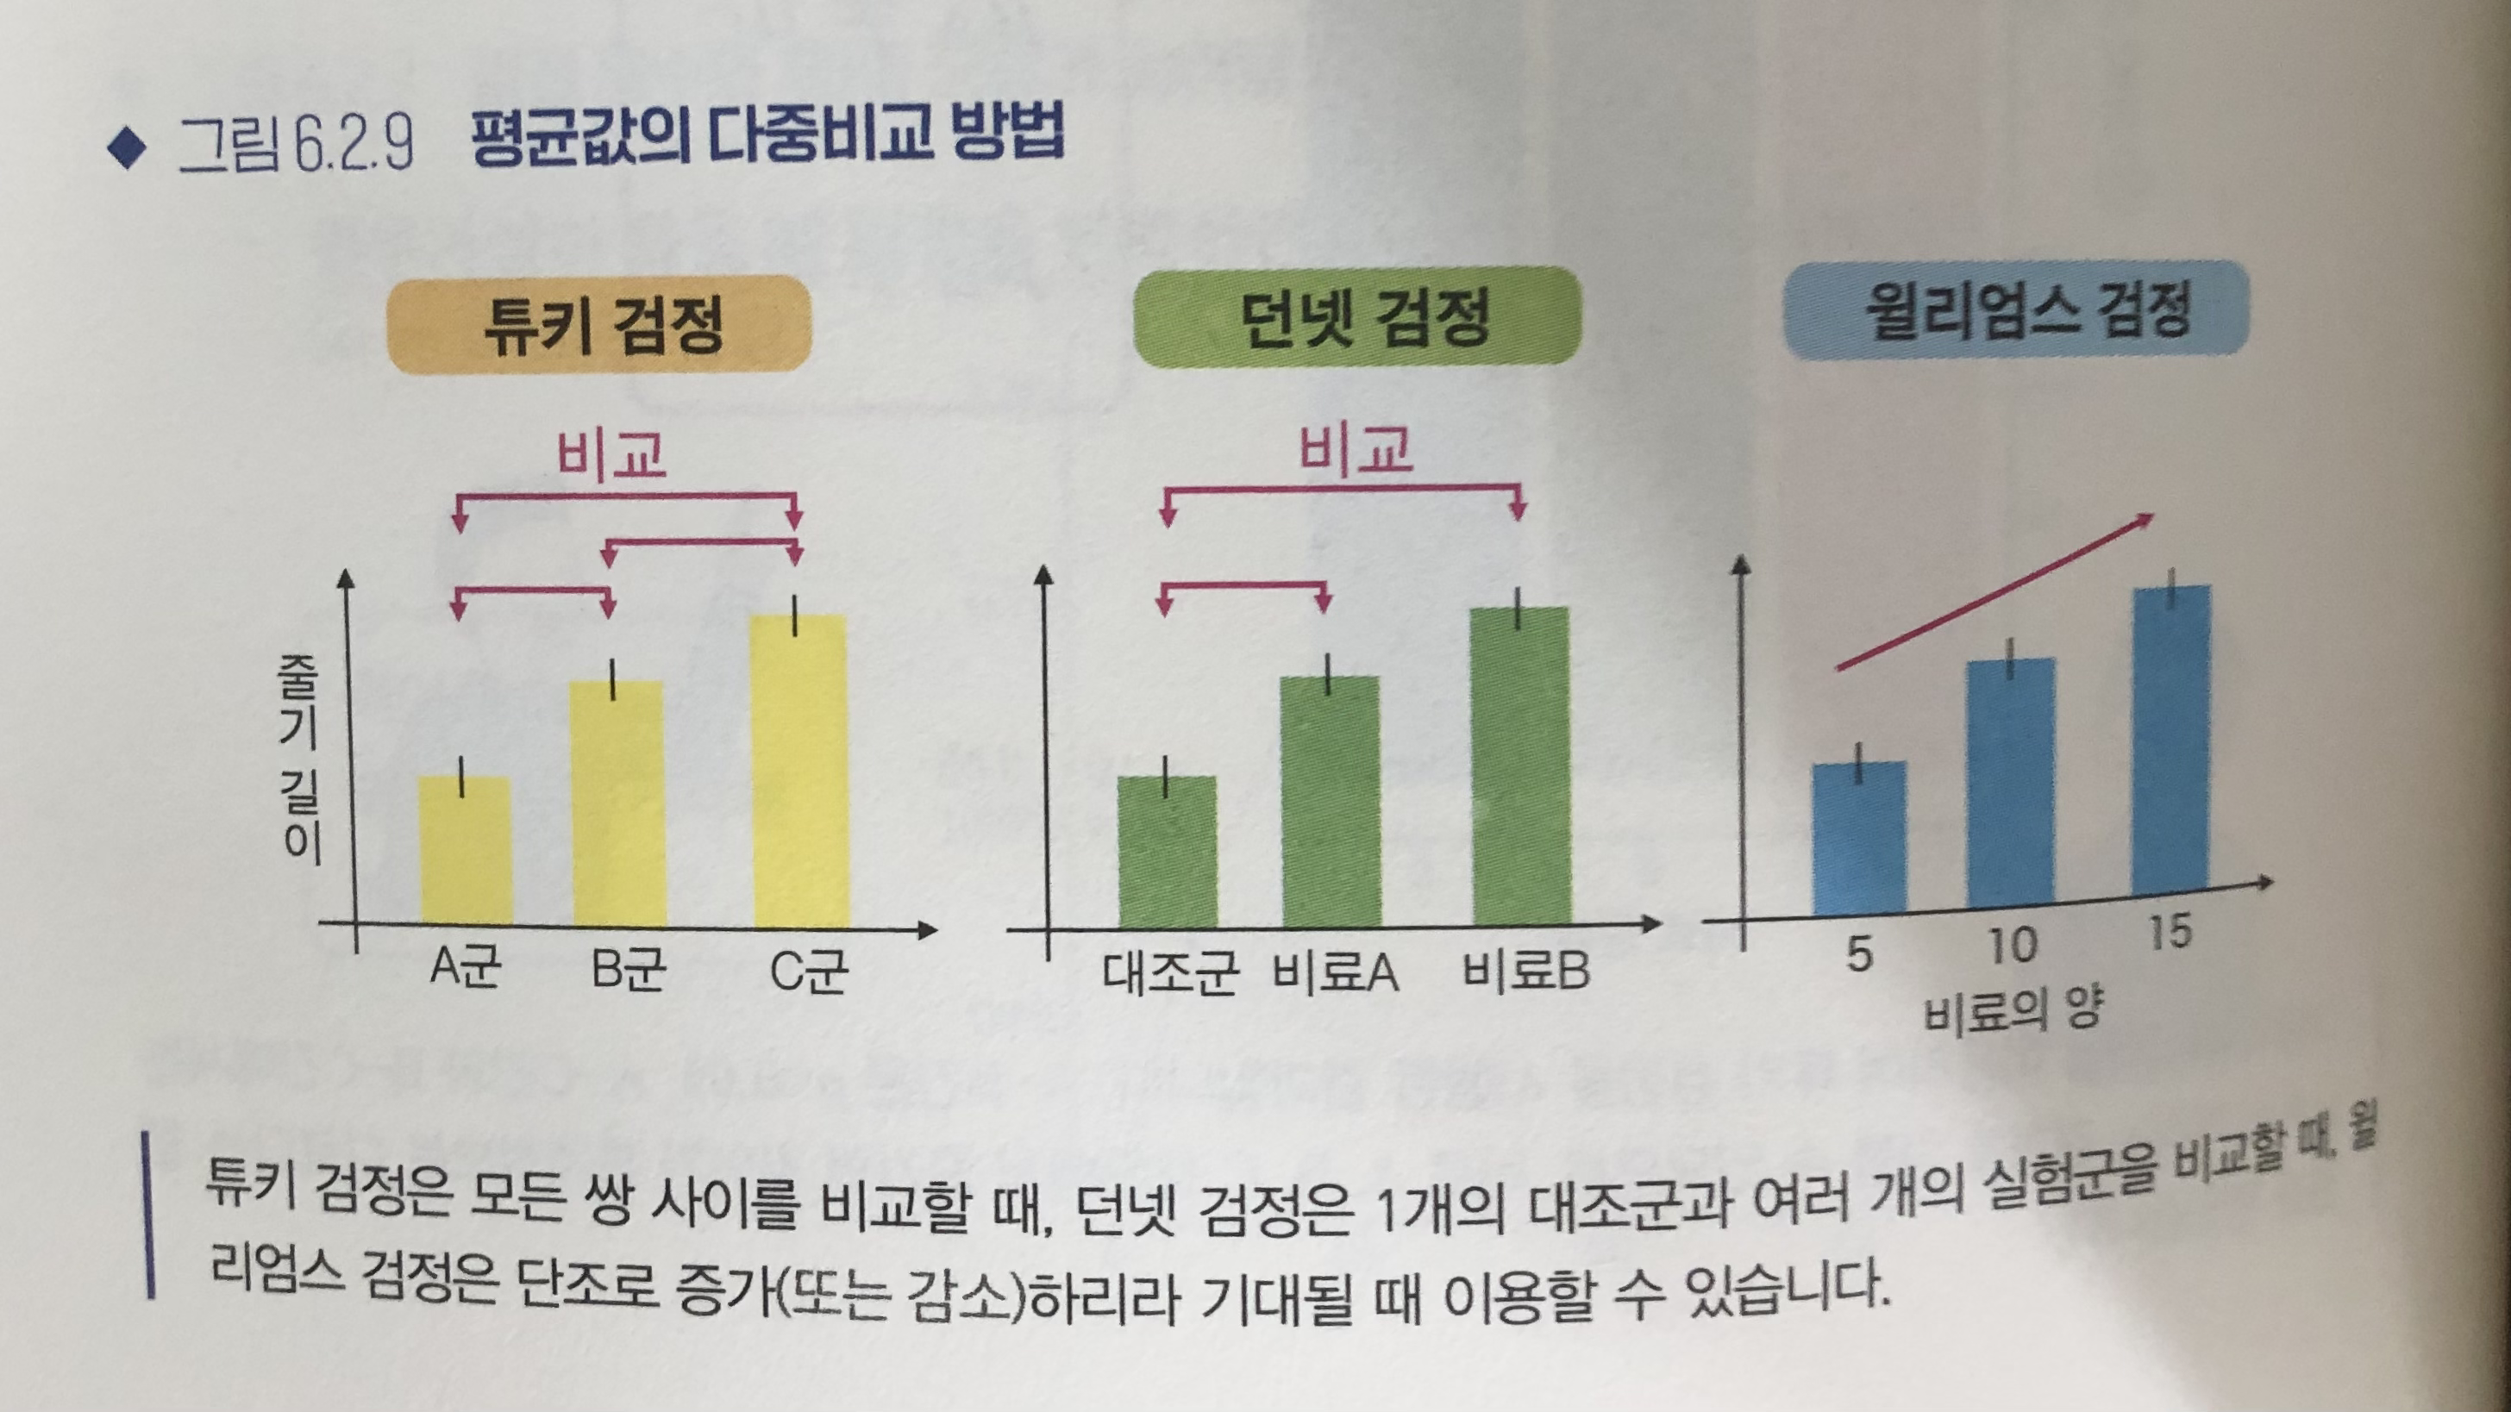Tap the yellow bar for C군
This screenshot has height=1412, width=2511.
point(799,770)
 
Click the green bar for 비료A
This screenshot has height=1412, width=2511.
point(1331,801)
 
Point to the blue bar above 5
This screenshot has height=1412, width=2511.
point(1859,838)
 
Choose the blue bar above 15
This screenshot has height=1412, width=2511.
point(2170,740)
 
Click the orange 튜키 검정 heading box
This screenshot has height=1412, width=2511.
point(599,324)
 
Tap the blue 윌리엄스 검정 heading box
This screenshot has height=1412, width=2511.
point(2016,309)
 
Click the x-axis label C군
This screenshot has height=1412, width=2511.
point(807,971)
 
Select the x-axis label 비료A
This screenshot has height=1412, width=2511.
point(1336,972)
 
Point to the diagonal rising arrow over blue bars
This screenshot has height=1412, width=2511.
point(1994,592)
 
